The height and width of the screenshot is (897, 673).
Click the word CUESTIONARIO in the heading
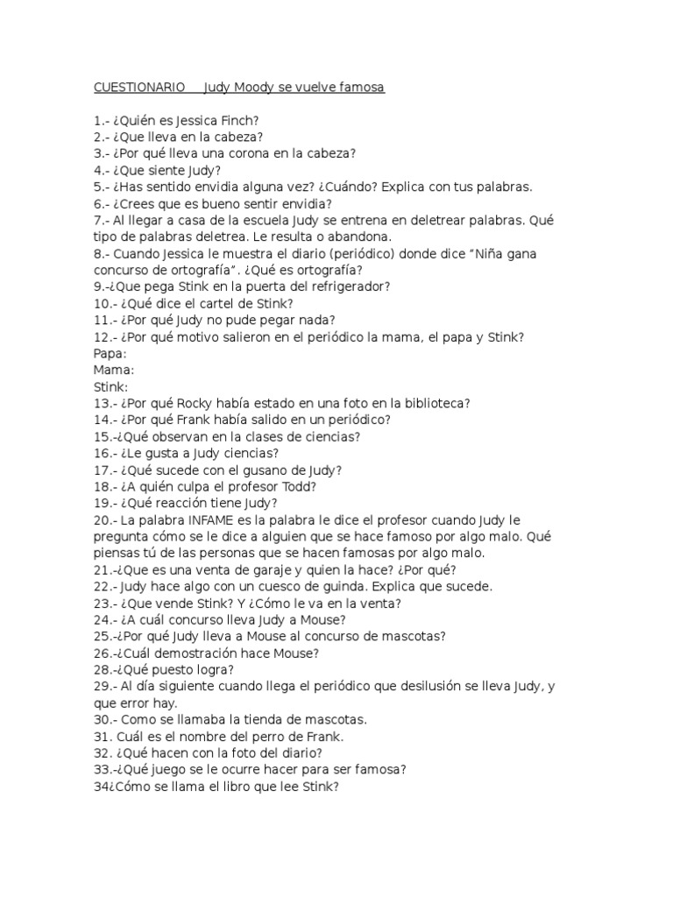138,88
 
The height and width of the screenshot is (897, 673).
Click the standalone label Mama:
112,370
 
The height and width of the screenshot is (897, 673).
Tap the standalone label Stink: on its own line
110,386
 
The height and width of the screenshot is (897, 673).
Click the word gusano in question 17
253,470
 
